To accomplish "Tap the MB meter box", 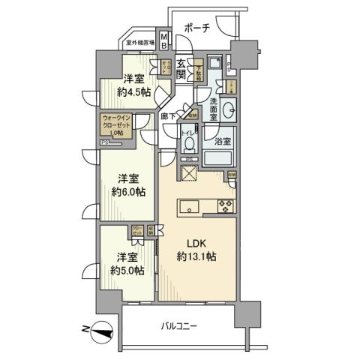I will tap(164, 43).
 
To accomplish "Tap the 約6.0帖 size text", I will tap(129, 190).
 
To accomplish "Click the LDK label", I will tap(196, 244).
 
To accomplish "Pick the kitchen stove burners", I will tap(225, 206).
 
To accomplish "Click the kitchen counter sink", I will tap(188, 206).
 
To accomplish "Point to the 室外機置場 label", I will tap(141, 43).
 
